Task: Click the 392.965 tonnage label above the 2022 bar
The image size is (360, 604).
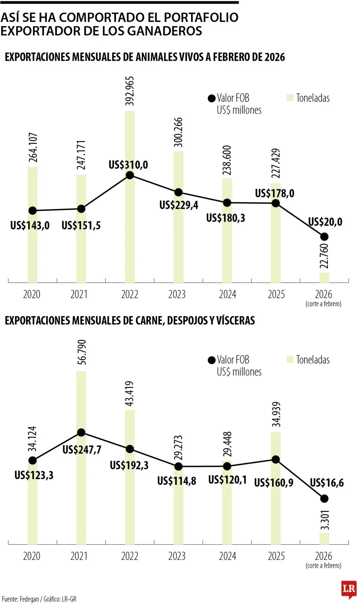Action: [130, 91]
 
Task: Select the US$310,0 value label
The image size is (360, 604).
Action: [128, 165]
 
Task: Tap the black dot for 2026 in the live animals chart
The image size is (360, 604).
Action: [324, 237]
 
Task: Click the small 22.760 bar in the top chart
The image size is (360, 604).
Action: [324, 277]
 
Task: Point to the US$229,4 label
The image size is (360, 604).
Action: [179, 205]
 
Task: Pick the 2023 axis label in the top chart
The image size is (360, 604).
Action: [177, 294]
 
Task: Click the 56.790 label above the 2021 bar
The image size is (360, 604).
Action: [81, 352]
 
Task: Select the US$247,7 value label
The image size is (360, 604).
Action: [82, 450]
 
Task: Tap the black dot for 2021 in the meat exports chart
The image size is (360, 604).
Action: [81, 433]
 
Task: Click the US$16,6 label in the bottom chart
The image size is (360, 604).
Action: [327, 483]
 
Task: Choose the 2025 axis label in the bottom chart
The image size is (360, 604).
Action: [276, 556]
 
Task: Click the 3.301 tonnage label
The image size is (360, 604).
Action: [325, 520]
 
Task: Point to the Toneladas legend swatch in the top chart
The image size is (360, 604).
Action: [290, 98]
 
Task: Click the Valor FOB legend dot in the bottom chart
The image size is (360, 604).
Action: [212, 360]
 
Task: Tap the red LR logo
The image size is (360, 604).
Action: [349, 589]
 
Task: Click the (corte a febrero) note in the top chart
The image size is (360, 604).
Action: [323, 304]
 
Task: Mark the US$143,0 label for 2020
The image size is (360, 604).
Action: [30, 226]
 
